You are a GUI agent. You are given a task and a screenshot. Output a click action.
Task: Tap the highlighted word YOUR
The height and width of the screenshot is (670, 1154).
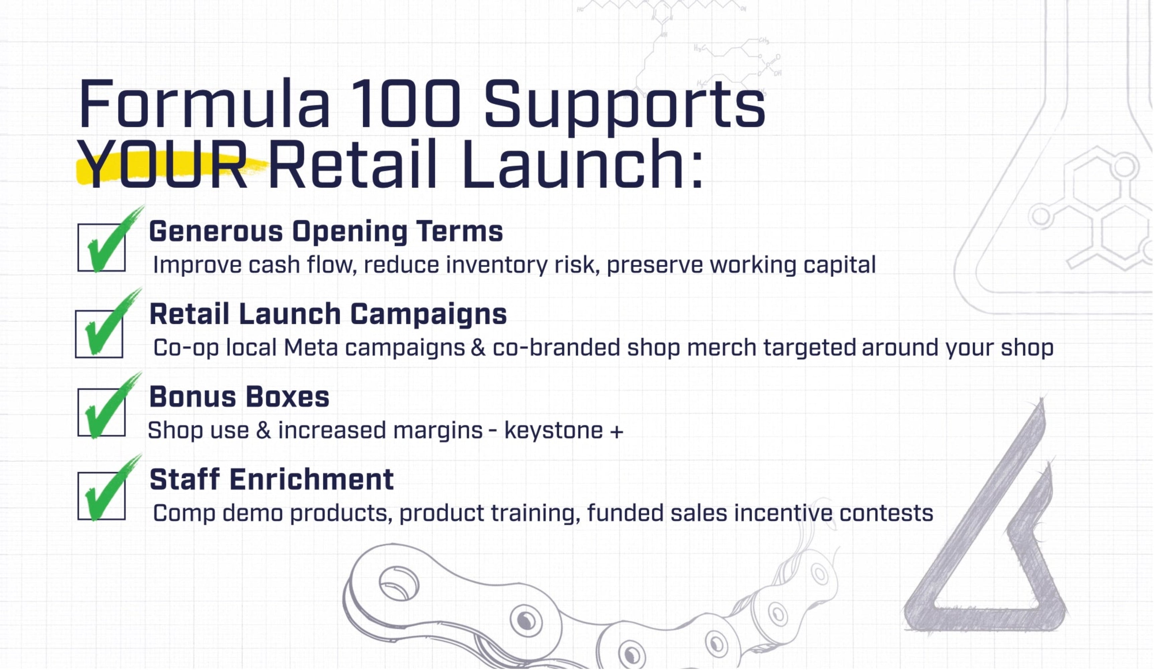click(163, 165)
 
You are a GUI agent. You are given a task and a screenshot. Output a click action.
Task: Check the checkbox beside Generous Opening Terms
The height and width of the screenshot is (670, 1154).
click(101, 248)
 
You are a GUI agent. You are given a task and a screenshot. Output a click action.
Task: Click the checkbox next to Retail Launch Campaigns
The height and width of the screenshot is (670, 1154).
click(99, 334)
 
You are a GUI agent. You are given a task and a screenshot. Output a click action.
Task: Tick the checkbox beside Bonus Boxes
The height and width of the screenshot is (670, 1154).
click(101, 412)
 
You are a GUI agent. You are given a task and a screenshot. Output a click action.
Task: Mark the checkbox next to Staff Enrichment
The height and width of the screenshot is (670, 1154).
click(101, 496)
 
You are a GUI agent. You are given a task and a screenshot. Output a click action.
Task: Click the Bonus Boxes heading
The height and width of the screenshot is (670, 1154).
click(239, 397)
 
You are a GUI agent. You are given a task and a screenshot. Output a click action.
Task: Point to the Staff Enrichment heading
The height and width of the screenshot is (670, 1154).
click(271, 479)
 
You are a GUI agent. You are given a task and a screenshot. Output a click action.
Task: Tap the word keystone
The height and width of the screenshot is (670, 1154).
click(553, 431)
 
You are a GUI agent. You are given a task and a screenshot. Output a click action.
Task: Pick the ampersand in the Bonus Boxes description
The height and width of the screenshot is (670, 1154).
click(263, 431)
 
